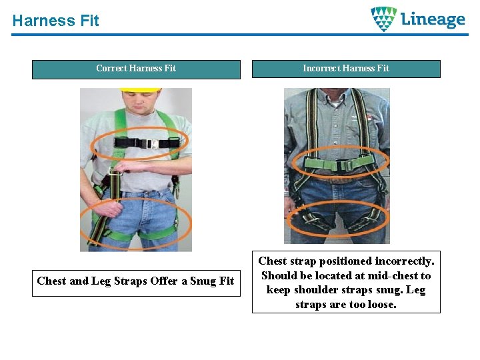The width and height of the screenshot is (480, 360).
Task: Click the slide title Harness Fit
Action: pyautogui.click(x=55, y=21)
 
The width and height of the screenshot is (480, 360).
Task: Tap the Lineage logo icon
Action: pyautogui.click(x=383, y=19)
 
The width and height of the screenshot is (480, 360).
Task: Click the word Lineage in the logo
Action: pyautogui.click(x=433, y=19)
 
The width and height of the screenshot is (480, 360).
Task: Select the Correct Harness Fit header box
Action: pyautogui.click(x=136, y=69)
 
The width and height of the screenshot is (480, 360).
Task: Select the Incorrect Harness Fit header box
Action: pyautogui.click(x=346, y=69)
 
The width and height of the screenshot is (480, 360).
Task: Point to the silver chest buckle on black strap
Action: pyautogui.click(x=152, y=143)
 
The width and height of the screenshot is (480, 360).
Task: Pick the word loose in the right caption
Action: pyautogui.click(x=382, y=305)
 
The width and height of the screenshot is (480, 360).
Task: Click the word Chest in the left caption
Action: pyautogui.click(x=51, y=281)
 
